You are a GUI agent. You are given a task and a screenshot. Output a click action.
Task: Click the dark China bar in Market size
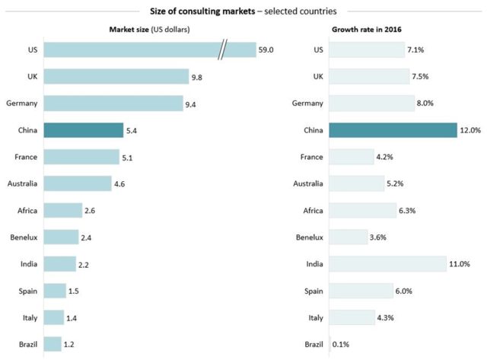pos(83,130)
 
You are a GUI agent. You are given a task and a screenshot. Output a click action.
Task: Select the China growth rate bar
pos(393,130)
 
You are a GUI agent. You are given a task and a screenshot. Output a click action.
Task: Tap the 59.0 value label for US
pos(266,49)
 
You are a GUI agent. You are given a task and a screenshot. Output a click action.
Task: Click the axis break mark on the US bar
pos(222,49)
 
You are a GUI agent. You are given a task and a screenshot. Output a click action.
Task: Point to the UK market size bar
pos(116,76)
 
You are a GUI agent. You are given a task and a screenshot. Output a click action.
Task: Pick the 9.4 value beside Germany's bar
pos(190,104)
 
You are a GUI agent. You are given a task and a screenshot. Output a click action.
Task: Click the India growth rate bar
pos(387,264)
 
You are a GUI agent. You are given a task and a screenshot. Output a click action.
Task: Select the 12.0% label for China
pos(470,130)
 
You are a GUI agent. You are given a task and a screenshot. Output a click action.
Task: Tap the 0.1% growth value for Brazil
pos(341,344)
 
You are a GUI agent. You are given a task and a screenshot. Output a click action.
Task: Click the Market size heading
pos(149,30)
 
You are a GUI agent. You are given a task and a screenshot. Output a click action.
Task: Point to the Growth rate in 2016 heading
pos(367,30)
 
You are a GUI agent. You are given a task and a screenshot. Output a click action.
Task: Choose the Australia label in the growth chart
pos(308,183)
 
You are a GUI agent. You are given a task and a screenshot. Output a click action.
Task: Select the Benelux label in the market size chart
pos(24,237)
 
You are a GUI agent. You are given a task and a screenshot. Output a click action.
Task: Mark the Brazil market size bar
pos(53,344)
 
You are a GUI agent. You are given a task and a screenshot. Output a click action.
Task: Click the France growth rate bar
pos(352,157)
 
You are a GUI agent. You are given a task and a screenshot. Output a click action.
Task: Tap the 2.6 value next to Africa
pos(90,211)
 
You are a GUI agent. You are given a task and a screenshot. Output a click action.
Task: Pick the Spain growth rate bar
pos(361,291)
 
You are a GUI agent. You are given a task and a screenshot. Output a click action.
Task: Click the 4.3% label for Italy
pos(386,317)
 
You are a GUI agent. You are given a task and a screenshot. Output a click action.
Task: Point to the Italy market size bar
pos(54,317)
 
